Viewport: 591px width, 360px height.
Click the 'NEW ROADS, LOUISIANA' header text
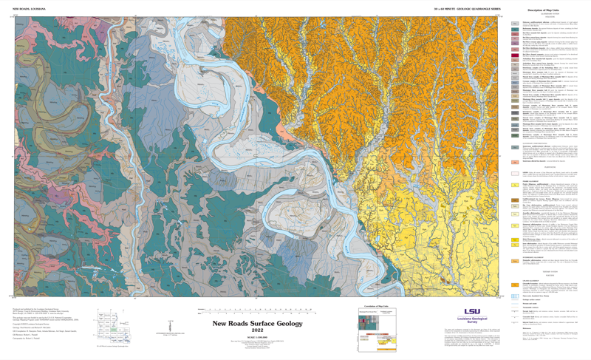(30, 9)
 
